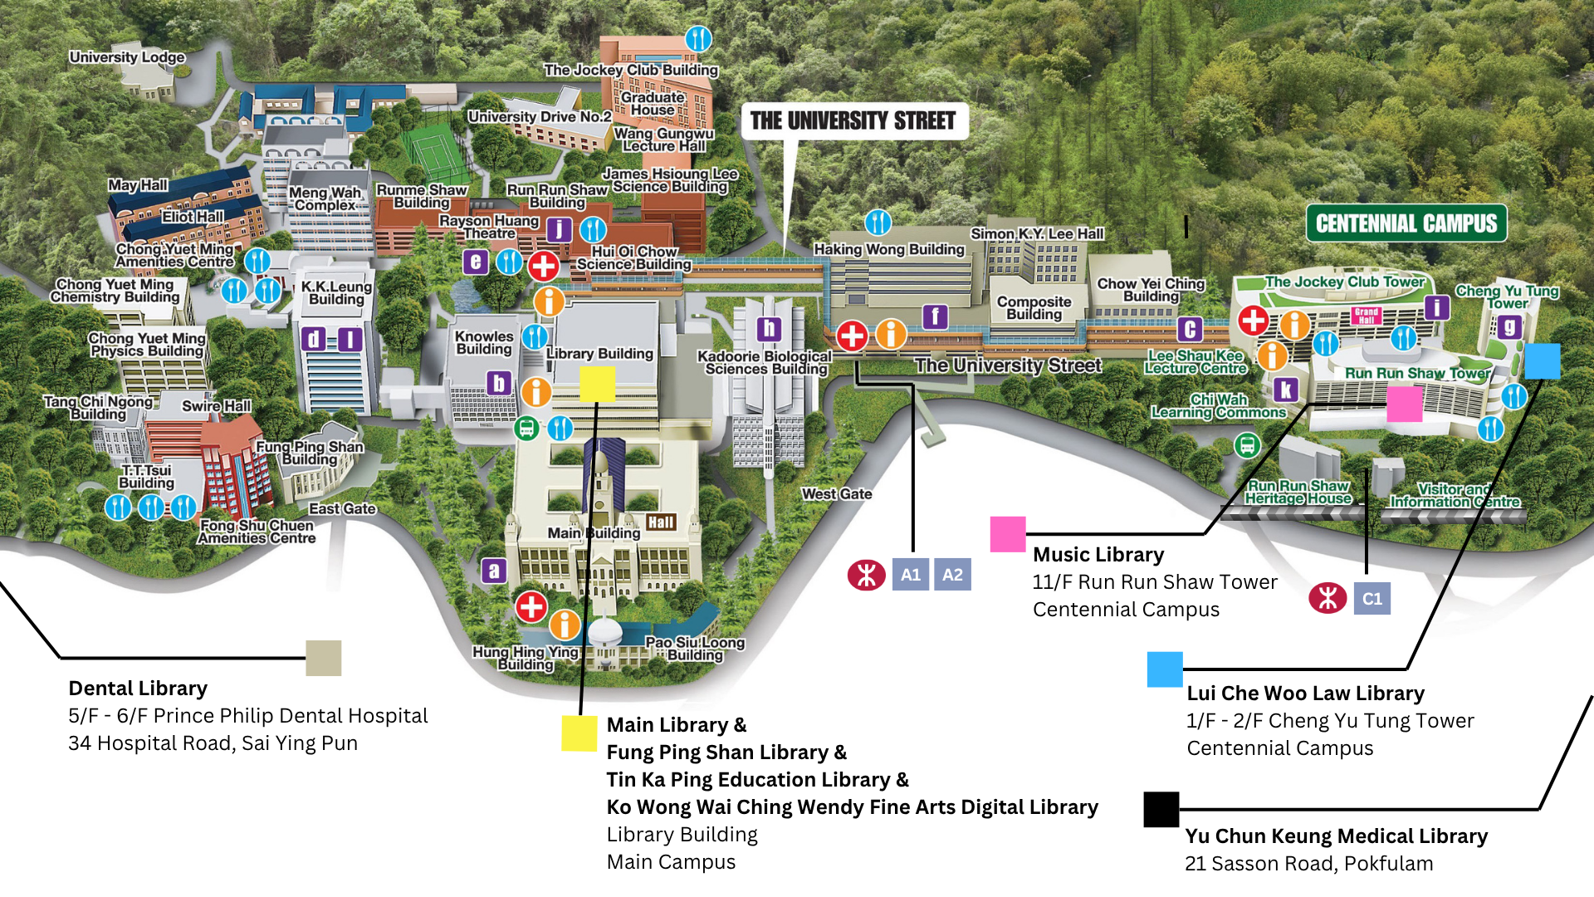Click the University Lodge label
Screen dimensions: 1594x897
click(127, 57)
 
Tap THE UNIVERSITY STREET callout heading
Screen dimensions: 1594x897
click(853, 121)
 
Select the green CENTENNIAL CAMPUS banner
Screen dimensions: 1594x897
click(1406, 223)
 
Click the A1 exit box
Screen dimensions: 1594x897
click(911, 575)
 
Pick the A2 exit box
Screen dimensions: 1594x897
click(952, 575)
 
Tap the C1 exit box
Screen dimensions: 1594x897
click(1372, 599)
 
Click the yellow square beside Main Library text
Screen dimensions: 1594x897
click(579, 733)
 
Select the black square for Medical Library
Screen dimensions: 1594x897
click(1161, 810)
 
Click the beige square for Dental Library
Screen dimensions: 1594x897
click(323, 659)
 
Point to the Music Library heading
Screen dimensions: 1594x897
click(1098, 555)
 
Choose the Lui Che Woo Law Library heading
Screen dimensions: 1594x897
click(1305, 694)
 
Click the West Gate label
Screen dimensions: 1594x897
click(836, 494)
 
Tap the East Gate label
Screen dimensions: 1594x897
click(342, 509)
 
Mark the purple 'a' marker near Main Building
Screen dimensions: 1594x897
click(494, 571)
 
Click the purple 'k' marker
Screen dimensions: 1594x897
click(1286, 390)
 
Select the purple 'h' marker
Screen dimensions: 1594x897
click(769, 330)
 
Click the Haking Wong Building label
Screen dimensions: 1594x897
click(888, 249)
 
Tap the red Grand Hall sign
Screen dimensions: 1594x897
click(1366, 316)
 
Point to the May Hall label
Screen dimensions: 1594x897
click(138, 185)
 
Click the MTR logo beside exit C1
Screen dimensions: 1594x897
click(1328, 598)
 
